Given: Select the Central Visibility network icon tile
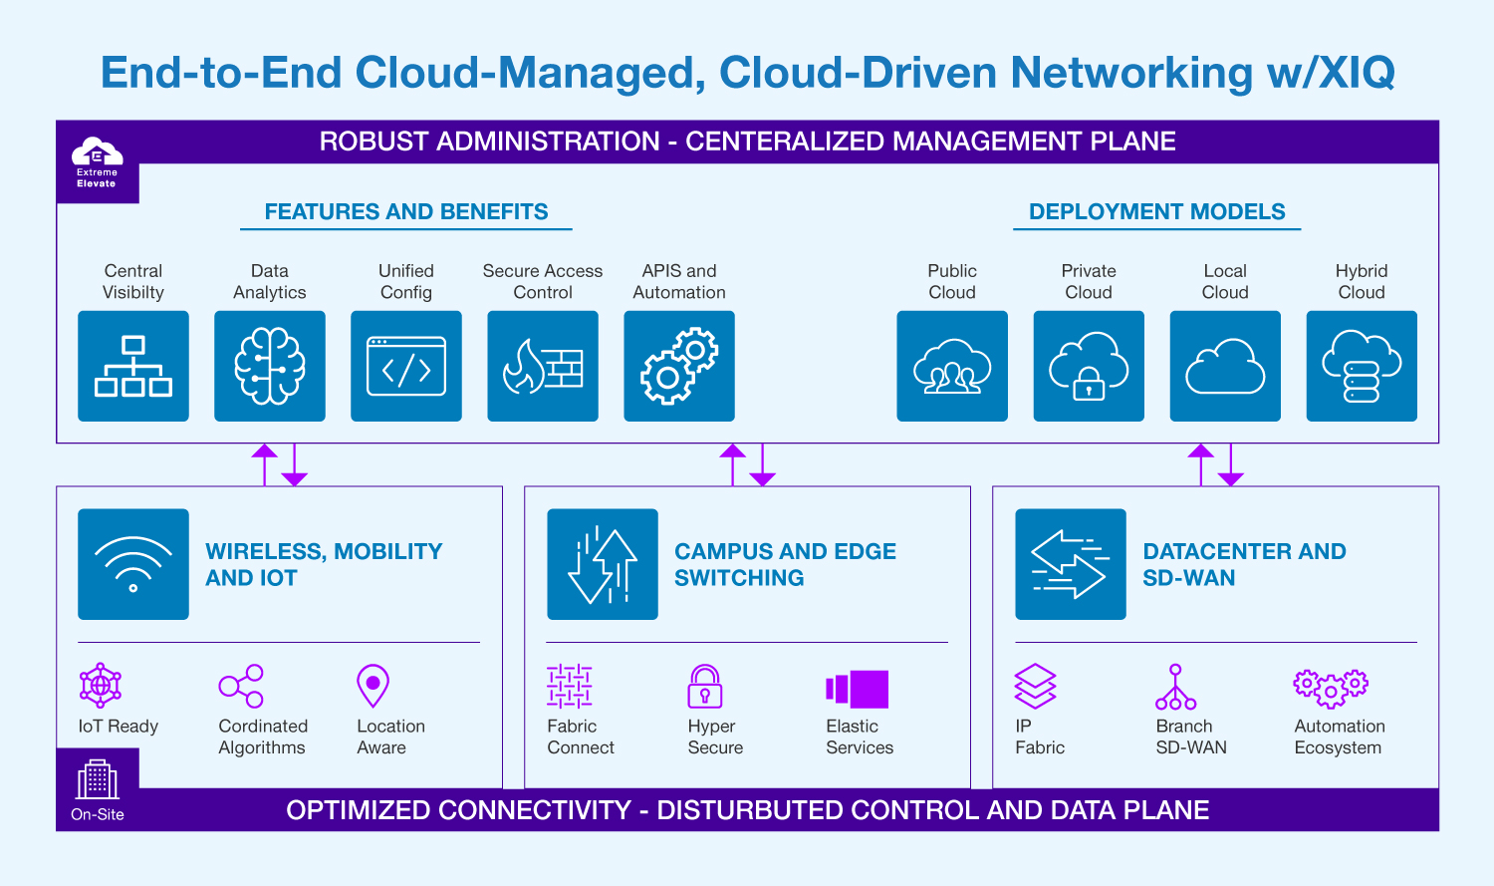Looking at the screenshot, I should point(133,366).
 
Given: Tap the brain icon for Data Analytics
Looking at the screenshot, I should point(270,366).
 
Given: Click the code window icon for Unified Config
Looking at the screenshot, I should point(406,366).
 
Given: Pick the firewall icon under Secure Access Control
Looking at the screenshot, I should point(543,366).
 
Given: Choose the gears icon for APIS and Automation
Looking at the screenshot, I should point(679,366).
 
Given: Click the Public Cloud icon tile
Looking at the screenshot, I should point(952,366).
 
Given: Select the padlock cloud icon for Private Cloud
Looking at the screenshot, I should point(1089,366).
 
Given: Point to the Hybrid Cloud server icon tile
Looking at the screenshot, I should point(1362,366).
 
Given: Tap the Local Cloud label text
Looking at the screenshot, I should point(1225,282).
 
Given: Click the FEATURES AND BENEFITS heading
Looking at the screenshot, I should point(406,211).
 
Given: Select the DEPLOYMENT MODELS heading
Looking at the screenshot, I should point(1157,211).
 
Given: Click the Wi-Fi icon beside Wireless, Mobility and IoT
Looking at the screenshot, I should point(133,564).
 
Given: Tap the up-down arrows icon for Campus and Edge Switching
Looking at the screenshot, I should point(603,564).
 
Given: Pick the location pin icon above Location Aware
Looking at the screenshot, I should point(373,686).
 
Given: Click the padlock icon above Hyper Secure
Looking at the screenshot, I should point(704,686).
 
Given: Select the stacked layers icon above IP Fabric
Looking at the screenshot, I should point(1035,686).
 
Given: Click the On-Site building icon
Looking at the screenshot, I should point(98,779).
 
